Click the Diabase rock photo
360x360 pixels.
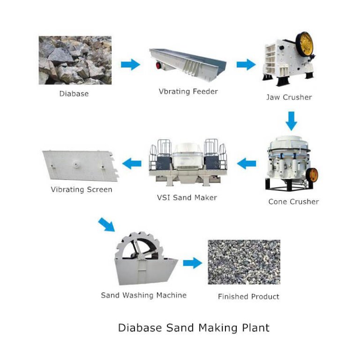coord(75,60)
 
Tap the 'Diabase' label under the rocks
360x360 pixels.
coord(74,94)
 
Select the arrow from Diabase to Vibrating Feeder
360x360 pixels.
coord(130,65)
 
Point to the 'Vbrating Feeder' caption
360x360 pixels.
coord(188,91)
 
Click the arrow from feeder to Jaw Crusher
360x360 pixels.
coord(246,65)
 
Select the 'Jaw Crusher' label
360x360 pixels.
coord(289,97)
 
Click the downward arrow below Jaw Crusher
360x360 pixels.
coord(292,121)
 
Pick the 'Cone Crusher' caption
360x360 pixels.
coord(293,202)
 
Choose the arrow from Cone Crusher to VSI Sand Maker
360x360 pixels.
coord(247,164)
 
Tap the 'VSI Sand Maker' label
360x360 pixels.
coord(187,198)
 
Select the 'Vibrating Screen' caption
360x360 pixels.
coord(82,190)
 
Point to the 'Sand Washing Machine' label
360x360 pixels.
coord(143,295)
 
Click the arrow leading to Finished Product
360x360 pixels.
coord(192,263)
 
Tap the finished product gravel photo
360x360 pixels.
coord(244,262)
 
